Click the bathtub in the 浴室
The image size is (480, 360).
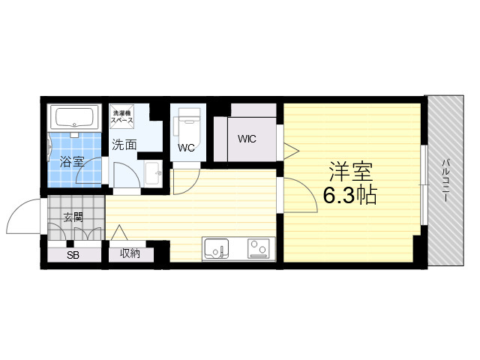[x=74, y=118]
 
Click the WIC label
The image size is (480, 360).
[x=247, y=139]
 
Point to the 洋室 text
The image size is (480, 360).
[x=351, y=172]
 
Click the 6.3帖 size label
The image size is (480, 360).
[x=350, y=195]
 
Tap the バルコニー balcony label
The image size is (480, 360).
[x=445, y=180]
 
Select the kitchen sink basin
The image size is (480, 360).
[x=217, y=247]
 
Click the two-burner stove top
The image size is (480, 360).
[x=259, y=247]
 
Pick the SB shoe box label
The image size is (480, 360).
[x=73, y=255]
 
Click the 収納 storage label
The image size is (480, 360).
[x=130, y=253]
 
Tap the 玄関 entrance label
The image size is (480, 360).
[x=73, y=217]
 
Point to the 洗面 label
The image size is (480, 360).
[x=124, y=145]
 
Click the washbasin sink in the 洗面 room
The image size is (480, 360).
[x=153, y=173]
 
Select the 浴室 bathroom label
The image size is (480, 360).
[x=72, y=161]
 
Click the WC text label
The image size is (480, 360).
[x=186, y=148]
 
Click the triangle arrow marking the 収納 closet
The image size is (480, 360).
[x=119, y=232]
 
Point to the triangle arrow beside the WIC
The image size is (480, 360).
[x=291, y=151]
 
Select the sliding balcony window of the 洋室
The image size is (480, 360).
[x=424, y=185]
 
